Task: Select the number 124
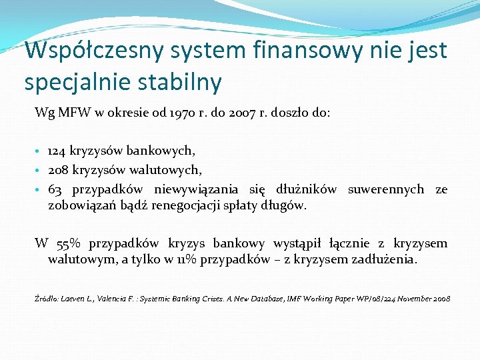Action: click(x=58, y=152)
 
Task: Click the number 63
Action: click(x=55, y=189)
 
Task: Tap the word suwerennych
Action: click(x=386, y=189)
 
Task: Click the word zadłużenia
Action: click(x=383, y=259)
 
